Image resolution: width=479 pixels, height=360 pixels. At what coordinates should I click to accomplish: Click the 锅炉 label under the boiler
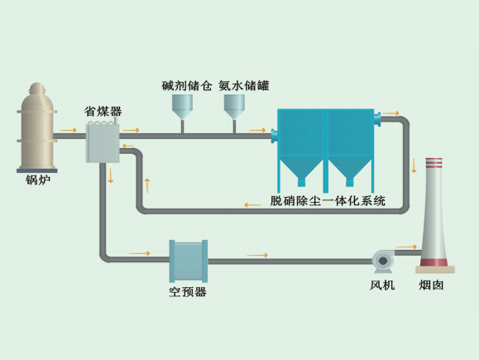click(38, 180)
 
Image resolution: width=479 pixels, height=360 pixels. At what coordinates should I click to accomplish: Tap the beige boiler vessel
click(37, 127)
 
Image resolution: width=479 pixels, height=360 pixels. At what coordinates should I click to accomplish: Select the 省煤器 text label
click(103, 111)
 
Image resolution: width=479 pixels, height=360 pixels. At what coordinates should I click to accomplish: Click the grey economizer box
click(103, 143)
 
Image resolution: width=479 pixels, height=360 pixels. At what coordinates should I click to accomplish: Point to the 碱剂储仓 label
click(187, 85)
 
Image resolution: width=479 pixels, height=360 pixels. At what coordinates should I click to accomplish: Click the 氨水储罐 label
click(244, 85)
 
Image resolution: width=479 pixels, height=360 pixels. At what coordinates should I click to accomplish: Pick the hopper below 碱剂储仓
click(182, 107)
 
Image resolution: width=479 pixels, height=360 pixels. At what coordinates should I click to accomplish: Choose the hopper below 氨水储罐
click(234, 107)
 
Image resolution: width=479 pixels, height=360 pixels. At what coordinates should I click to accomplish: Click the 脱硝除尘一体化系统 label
click(328, 201)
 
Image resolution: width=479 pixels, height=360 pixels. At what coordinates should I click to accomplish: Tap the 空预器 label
click(188, 292)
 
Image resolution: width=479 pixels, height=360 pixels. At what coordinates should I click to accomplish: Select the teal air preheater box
click(189, 261)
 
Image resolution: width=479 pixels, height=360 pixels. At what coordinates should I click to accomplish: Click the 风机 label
click(382, 286)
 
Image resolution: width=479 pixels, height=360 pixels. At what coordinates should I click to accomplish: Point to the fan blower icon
click(383, 262)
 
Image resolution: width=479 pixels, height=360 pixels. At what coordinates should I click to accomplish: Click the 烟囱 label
click(431, 286)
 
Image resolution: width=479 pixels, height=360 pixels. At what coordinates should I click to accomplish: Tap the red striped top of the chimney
click(434, 163)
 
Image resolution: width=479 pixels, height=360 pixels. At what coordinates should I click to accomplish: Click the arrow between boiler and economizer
click(68, 130)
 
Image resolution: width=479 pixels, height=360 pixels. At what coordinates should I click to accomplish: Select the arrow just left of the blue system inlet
click(257, 130)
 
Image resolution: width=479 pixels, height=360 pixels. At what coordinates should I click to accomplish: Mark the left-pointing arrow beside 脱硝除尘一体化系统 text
click(252, 204)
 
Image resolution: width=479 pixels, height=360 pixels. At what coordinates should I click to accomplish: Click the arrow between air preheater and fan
click(257, 255)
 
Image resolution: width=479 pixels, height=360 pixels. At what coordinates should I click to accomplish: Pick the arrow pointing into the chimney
click(406, 247)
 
